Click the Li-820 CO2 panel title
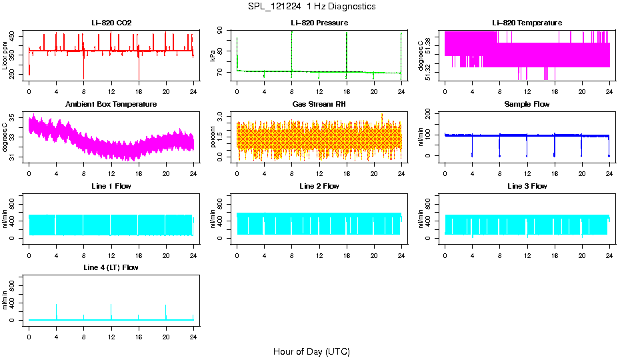111,23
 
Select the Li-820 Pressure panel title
319,23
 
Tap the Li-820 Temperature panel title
527,23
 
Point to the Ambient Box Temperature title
111,105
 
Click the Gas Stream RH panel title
319,105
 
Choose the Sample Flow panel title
527,105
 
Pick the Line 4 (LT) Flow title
111,267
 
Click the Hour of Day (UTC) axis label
311,351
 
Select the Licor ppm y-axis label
5,56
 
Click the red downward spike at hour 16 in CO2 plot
139,70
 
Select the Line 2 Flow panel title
319,186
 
